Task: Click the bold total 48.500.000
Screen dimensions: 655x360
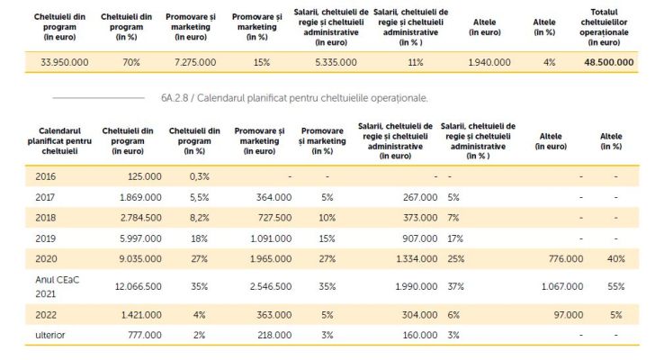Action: point(608,63)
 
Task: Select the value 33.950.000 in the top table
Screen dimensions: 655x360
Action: point(65,63)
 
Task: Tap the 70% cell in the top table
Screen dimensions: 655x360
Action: point(131,63)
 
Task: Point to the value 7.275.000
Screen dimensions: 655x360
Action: point(195,63)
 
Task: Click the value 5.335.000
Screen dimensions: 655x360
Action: point(336,63)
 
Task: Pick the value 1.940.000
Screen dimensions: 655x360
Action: point(489,63)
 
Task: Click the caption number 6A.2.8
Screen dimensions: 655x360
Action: point(175,98)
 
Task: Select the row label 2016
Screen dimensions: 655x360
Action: point(46,176)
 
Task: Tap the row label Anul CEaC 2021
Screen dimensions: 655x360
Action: point(57,287)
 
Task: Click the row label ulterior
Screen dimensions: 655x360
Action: point(50,335)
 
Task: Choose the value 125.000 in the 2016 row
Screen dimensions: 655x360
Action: point(145,176)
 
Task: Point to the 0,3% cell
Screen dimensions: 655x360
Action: point(199,176)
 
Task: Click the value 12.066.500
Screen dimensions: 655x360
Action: point(139,287)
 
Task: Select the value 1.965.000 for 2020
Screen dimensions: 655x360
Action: point(271,259)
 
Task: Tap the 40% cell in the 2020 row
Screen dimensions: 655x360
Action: point(616,259)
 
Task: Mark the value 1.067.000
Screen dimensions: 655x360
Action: point(562,287)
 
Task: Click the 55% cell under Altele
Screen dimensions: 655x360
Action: point(616,287)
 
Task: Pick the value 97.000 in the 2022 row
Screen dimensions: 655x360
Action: point(569,315)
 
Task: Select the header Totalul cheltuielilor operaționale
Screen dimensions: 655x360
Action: point(604,27)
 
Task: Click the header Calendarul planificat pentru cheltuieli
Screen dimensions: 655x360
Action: point(59,141)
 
